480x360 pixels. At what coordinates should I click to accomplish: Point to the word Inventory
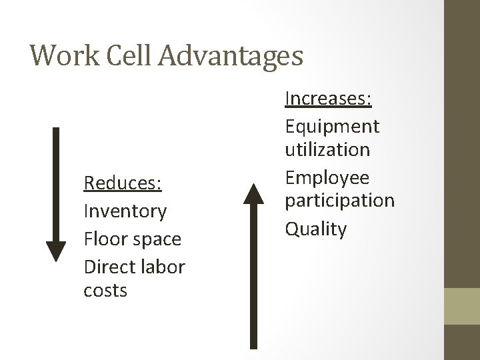[125, 211]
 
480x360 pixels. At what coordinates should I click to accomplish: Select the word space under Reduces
[159, 239]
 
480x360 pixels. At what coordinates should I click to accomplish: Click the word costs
[105, 291]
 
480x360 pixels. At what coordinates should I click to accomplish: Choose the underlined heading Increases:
[328, 99]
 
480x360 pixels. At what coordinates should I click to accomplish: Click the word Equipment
[332, 126]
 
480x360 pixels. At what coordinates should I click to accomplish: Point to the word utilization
[327, 150]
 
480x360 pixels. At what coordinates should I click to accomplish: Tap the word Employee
[327, 178]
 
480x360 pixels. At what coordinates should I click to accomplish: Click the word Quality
[315, 229]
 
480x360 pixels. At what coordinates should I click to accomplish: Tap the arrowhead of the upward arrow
[253, 194]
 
